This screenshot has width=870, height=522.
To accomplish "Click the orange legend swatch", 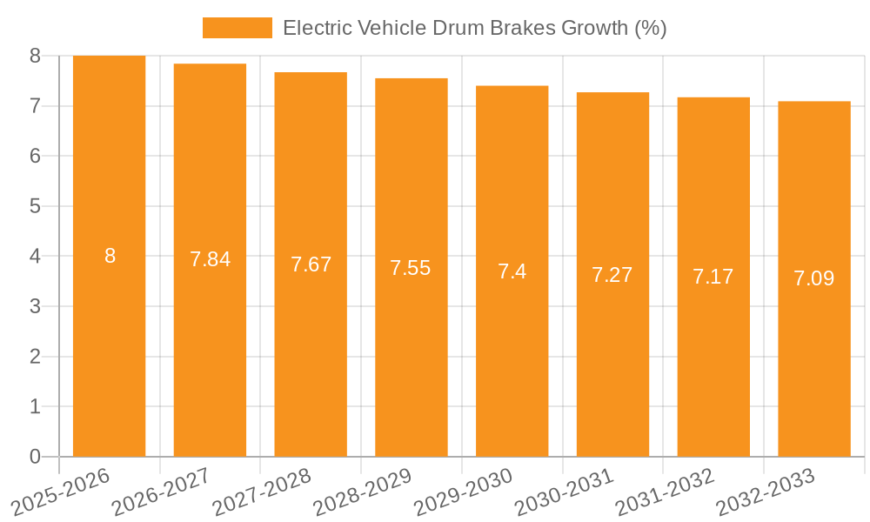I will coord(237,28).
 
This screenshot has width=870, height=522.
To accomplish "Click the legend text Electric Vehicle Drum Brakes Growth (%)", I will coord(474,28).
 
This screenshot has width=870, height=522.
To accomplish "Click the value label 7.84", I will coord(210,259).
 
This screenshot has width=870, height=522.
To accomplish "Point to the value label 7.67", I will coord(311,264).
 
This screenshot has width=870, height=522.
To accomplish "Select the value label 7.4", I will coord(512,271).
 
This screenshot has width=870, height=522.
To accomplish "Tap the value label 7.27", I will coord(612,275).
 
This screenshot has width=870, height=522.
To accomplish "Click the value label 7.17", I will coord(713,277).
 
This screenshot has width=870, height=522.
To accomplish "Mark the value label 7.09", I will coord(813,279).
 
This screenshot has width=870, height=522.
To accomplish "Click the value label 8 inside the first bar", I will coord(110,256).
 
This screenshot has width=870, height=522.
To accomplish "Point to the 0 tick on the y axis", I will coord(35,457).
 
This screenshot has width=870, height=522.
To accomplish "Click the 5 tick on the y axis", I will coord(35,206).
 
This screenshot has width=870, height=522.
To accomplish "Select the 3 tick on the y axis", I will coord(35,306).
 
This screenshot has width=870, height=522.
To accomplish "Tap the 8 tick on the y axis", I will coord(35,56).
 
